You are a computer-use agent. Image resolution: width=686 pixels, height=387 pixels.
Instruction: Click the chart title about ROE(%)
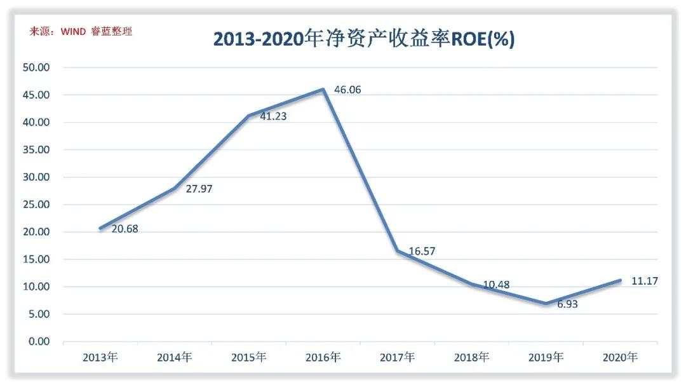[363, 39]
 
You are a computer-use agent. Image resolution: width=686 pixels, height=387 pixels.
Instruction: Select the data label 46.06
[347, 90]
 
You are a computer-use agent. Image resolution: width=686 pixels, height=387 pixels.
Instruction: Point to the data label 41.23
[273, 116]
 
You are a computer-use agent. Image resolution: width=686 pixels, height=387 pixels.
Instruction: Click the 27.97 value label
[199, 189]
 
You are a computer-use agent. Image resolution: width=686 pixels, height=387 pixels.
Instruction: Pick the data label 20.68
[124, 229]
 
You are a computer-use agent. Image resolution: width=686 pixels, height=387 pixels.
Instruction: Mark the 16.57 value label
[422, 252]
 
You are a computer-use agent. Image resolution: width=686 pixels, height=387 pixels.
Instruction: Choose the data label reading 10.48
[496, 285]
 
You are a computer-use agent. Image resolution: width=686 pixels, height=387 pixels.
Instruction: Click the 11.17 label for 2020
[644, 281]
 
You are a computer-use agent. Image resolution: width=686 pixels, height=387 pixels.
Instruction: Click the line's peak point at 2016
[323, 90]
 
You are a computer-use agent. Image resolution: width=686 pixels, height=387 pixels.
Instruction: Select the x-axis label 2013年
[100, 357]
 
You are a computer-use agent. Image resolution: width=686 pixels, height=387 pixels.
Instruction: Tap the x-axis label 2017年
[397, 357]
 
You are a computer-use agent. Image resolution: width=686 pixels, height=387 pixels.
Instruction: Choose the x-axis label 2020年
[620, 357]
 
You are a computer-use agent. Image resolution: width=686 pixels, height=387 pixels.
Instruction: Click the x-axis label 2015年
[248, 357]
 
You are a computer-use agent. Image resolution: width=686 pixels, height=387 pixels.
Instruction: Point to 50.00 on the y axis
[36, 67]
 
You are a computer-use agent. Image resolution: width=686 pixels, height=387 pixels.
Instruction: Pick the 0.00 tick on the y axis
[39, 341]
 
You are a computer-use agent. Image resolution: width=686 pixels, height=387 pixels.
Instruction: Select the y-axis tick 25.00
[36, 205]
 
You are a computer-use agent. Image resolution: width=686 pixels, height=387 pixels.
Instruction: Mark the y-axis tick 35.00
[36, 150]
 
